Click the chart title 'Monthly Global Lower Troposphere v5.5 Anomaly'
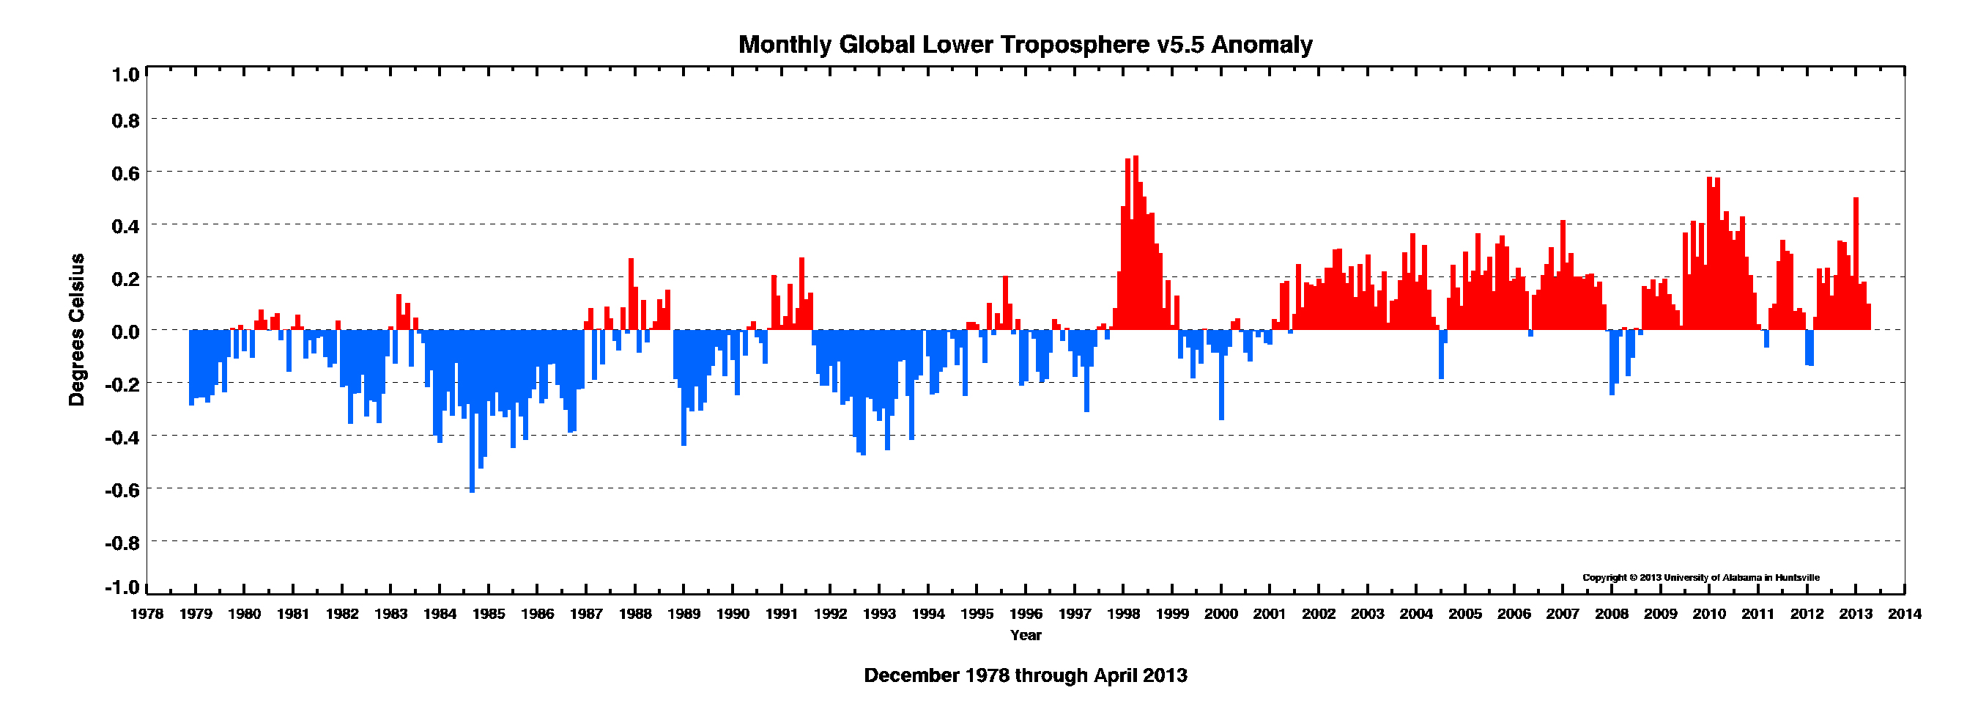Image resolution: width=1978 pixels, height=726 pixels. point(1025,45)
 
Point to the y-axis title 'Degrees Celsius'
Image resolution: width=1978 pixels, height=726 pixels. point(77,329)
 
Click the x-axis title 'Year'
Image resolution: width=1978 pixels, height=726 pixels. point(1025,635)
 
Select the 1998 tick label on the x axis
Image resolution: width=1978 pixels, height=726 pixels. point(1122,614)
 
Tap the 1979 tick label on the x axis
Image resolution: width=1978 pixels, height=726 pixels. point(195,614)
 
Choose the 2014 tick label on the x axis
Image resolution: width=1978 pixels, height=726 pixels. point(1904,614)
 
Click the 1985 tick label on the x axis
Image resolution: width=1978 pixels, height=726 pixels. point(489,614)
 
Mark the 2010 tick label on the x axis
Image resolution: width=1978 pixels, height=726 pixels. point(1709,614)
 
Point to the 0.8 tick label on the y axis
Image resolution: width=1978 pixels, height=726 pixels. point(126,120)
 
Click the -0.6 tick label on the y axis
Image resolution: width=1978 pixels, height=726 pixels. point(124,490)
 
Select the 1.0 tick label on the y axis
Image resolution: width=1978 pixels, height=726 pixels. point(126,76)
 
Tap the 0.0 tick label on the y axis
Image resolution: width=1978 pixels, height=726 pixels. point(126,332)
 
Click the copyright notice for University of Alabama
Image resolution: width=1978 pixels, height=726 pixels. point(1700,578)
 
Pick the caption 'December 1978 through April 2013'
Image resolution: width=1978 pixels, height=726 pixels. point(1025,675)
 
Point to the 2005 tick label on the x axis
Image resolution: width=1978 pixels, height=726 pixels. point(1465,614)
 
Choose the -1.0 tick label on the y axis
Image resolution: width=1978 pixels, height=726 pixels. point(124,587)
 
